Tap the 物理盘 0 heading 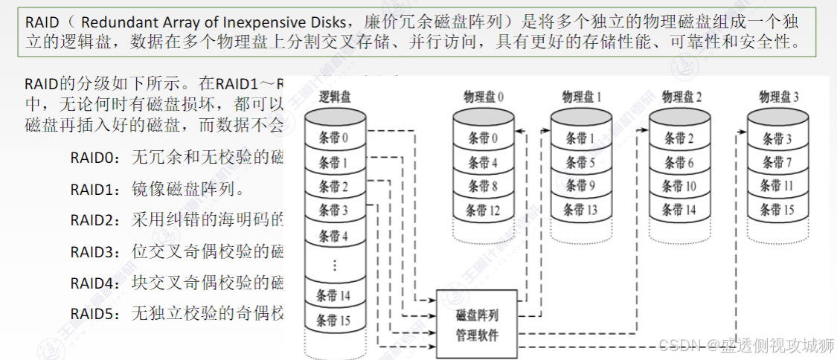484,97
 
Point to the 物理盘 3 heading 779,97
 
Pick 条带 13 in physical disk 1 581,210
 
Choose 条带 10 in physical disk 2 680,187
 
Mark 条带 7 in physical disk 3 779,163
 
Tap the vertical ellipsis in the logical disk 334,264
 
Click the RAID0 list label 94,157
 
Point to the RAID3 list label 94,251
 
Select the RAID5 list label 94,313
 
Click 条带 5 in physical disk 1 581,163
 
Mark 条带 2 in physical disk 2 680,138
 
